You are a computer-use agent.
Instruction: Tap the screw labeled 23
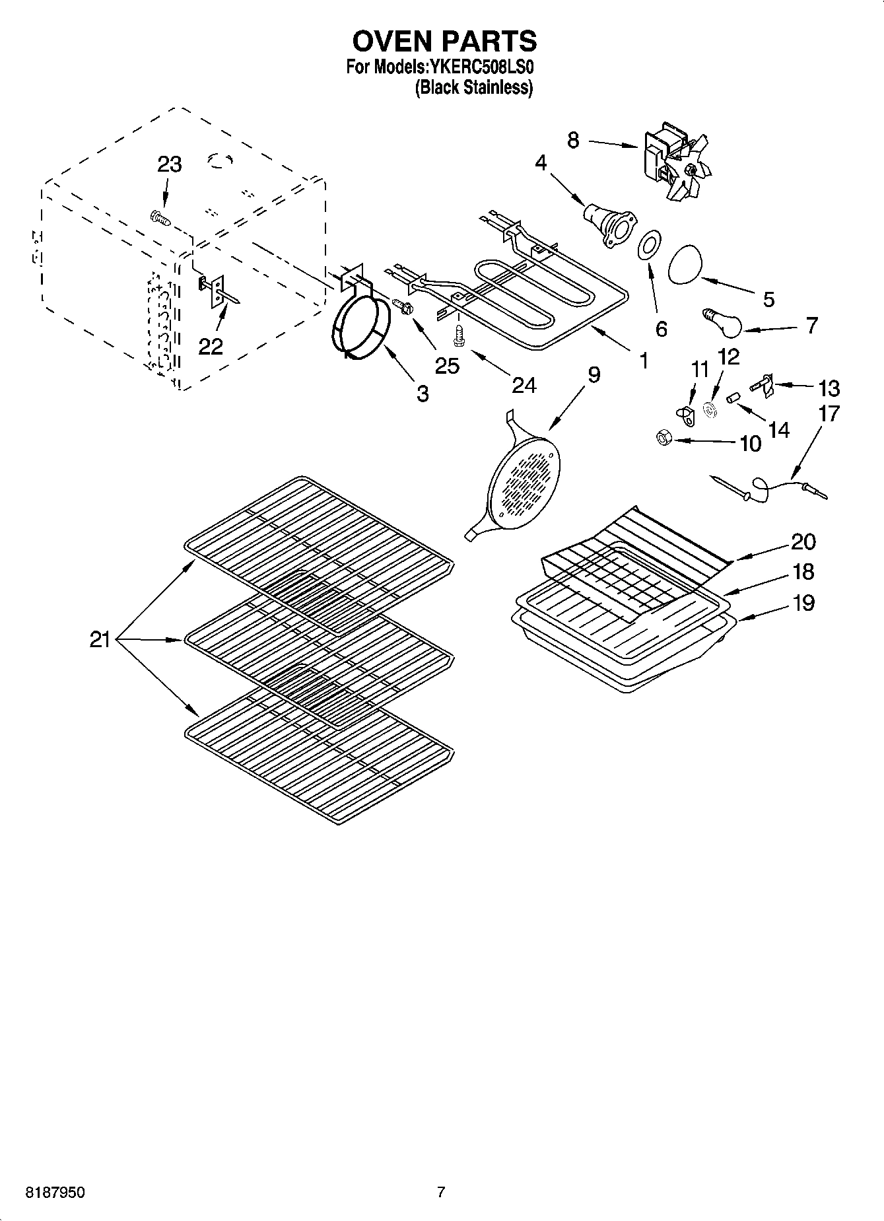tap(158, 219)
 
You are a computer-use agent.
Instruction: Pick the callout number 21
tap(100, 639)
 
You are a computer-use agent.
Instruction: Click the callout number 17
tap(829, 414)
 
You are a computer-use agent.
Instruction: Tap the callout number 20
tap(803, 541)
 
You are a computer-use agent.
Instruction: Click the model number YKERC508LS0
tap(481, 67)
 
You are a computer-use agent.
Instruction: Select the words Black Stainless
tap(473, 87)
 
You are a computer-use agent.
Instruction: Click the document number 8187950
tap(55, 1193)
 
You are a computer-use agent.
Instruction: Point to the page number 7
tap(441, 1192)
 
